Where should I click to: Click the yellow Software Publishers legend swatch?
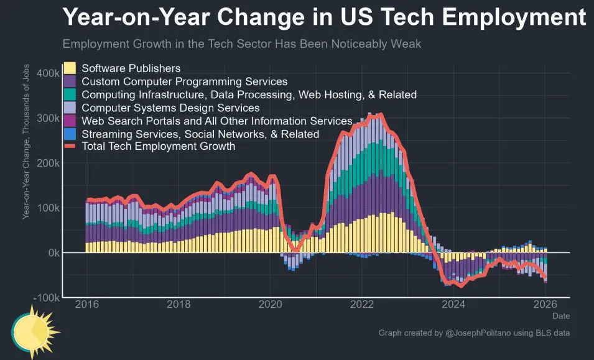tap(70, 68)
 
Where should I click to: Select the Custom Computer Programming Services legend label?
tap(184, 81)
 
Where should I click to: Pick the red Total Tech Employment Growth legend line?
tap(70, 147)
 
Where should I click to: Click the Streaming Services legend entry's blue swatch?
tap(70, 134)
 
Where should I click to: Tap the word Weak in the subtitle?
tap(408, 45)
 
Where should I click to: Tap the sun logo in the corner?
tap(34, 330)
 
